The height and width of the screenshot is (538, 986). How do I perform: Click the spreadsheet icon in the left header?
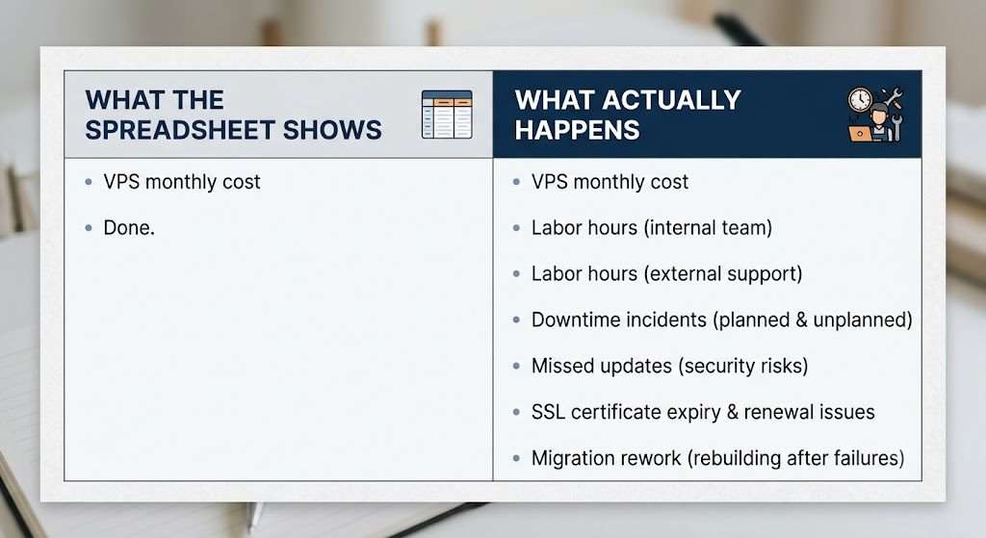click(x=447, y=115)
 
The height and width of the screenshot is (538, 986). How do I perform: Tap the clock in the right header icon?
click(x=859, y=99)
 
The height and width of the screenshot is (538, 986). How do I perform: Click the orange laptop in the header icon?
click(x=860, y=133)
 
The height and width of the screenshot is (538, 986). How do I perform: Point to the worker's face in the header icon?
click(x=879, y=117)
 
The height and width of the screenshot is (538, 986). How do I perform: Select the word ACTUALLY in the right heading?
click(x=672, y=100)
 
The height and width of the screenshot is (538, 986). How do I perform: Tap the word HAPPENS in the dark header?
click(x=578, y=130)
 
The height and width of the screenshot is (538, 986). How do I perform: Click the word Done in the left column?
click(x=126, y=227)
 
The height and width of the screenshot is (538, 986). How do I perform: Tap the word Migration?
click(x=575, y=458)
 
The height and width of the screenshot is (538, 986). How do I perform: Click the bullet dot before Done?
click(x=89, y=228)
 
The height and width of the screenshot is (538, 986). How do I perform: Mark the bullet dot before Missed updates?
click(x=516, y=367)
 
